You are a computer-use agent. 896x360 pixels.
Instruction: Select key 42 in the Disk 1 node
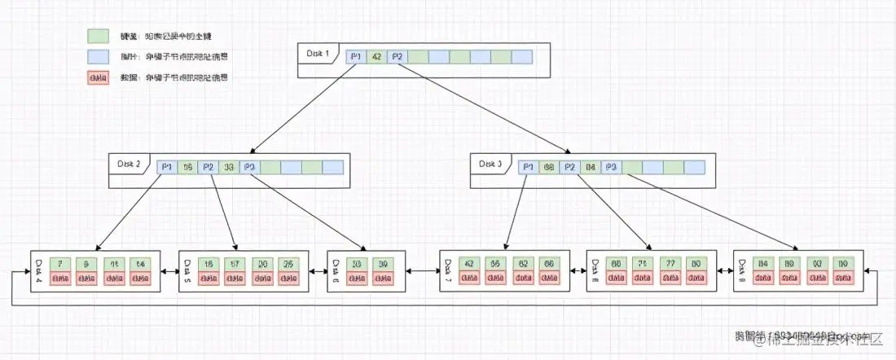click(x=376, y=56)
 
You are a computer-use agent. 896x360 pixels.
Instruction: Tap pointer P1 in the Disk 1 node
click(x=355, y=56)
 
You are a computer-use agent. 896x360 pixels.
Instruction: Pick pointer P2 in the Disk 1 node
click(x=397, y=56)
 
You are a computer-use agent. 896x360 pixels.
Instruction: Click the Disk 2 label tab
click(x=129, y=165)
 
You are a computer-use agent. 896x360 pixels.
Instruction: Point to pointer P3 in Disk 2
click(x=250, y=167)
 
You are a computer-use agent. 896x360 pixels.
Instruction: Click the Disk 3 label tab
click(x=490, y=165)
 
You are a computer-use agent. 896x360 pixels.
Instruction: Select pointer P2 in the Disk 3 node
click(x=570, y=167)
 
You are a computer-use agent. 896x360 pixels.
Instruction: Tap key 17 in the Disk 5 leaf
click(x=235, y=264)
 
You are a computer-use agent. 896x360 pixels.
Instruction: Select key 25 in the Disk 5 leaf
click(x=288, y=264)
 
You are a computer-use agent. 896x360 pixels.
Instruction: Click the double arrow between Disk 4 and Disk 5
click(x=170, y=271)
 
